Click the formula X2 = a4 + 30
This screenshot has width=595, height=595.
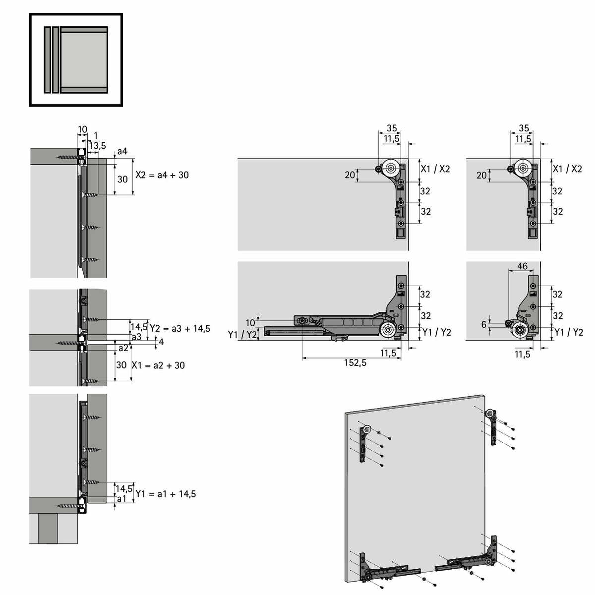tap(162, 175)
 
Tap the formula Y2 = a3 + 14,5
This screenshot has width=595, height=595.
tap(180, 328)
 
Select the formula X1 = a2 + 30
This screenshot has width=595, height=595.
tap(158, 365)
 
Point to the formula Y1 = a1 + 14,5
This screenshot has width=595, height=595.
tap(166, 494)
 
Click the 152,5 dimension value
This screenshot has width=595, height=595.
tap(355, 362)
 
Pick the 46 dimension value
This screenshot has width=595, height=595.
tap(522, 266)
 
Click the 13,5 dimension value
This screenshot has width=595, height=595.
tap(97, 145)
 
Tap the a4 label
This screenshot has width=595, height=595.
tap(122, 151)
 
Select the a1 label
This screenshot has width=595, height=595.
tap(121, 499)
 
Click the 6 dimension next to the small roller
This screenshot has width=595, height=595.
tap(484, 324)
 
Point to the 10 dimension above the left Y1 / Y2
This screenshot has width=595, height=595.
tap(250, 323)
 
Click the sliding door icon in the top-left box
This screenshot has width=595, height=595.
tap(76, 59)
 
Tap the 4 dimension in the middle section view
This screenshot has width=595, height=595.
tap(161, 342)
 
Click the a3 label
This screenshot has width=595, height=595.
tap(136, 337)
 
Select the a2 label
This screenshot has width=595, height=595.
tap(123, 348)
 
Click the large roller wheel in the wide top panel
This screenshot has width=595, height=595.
tap(391, 168)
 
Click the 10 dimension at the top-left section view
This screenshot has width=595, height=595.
tap(82, 129)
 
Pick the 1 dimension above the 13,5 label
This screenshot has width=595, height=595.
tap(96, 135)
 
